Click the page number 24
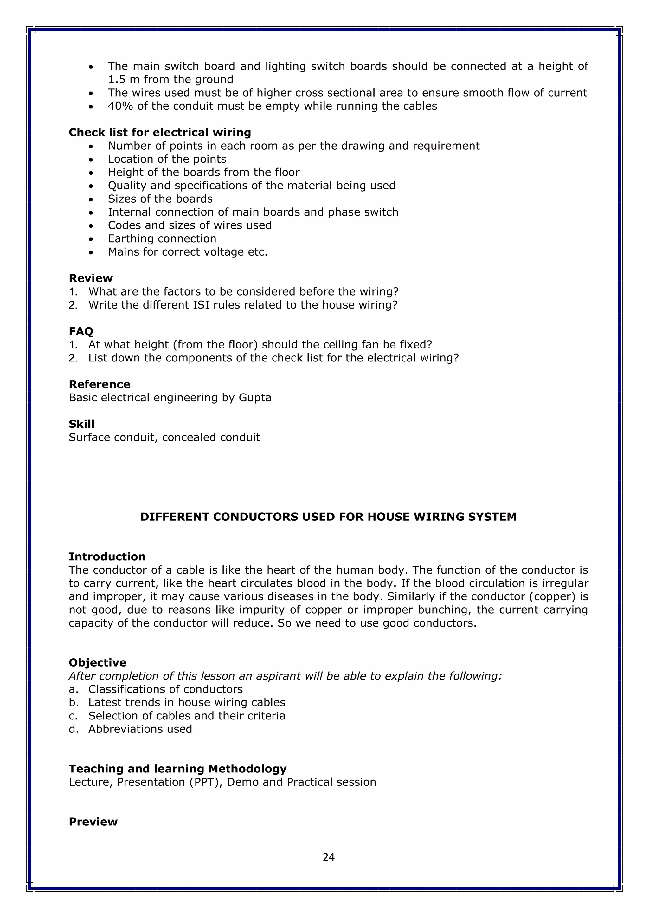(x=329, y=857)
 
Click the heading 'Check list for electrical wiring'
(x=160, y=132)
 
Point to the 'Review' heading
(x=91, y=278)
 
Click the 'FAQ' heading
(x=81, y=331)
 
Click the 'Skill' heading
(x=81, y=424)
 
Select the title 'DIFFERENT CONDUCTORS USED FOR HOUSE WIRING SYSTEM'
(x=328, y=517)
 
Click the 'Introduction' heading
(x=107, y=557)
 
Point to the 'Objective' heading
(x=98, y=662)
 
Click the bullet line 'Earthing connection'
(x=162, y=239)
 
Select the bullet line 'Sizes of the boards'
(x=160, y=199)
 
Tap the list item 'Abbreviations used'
(x=140, y=729)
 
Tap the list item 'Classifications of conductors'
(x=165, y=689)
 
